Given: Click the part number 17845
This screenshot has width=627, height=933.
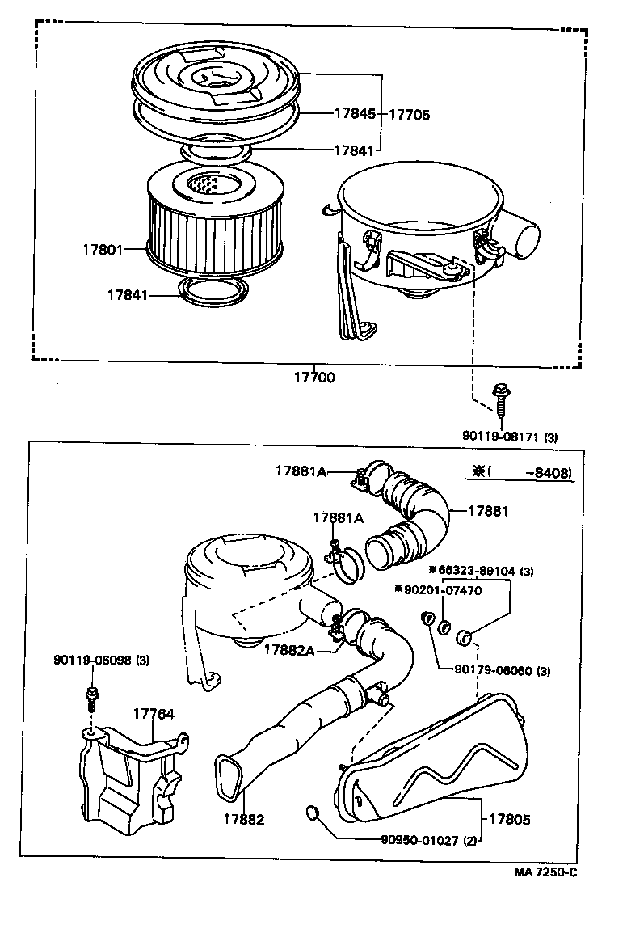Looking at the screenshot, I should pyautogui.click(x=354, y=114).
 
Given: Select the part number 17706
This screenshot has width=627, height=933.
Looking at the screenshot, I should pyautogui.click(x=409, y=114).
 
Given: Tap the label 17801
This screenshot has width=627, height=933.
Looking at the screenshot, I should pyautogui.click(x=101, y=250).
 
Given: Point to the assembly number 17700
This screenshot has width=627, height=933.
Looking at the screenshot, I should pyautogui.click(x=313, y=377).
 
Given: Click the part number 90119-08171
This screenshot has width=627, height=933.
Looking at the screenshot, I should pyautogui.click(x=501, y=436).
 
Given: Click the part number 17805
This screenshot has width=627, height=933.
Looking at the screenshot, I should pyautogui.click(x=509, y=819).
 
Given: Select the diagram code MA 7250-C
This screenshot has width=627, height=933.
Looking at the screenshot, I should pyautogui.click(x=546, y=872).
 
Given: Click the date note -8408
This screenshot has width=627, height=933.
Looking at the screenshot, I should pyautogui.click(x=553, y=473).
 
